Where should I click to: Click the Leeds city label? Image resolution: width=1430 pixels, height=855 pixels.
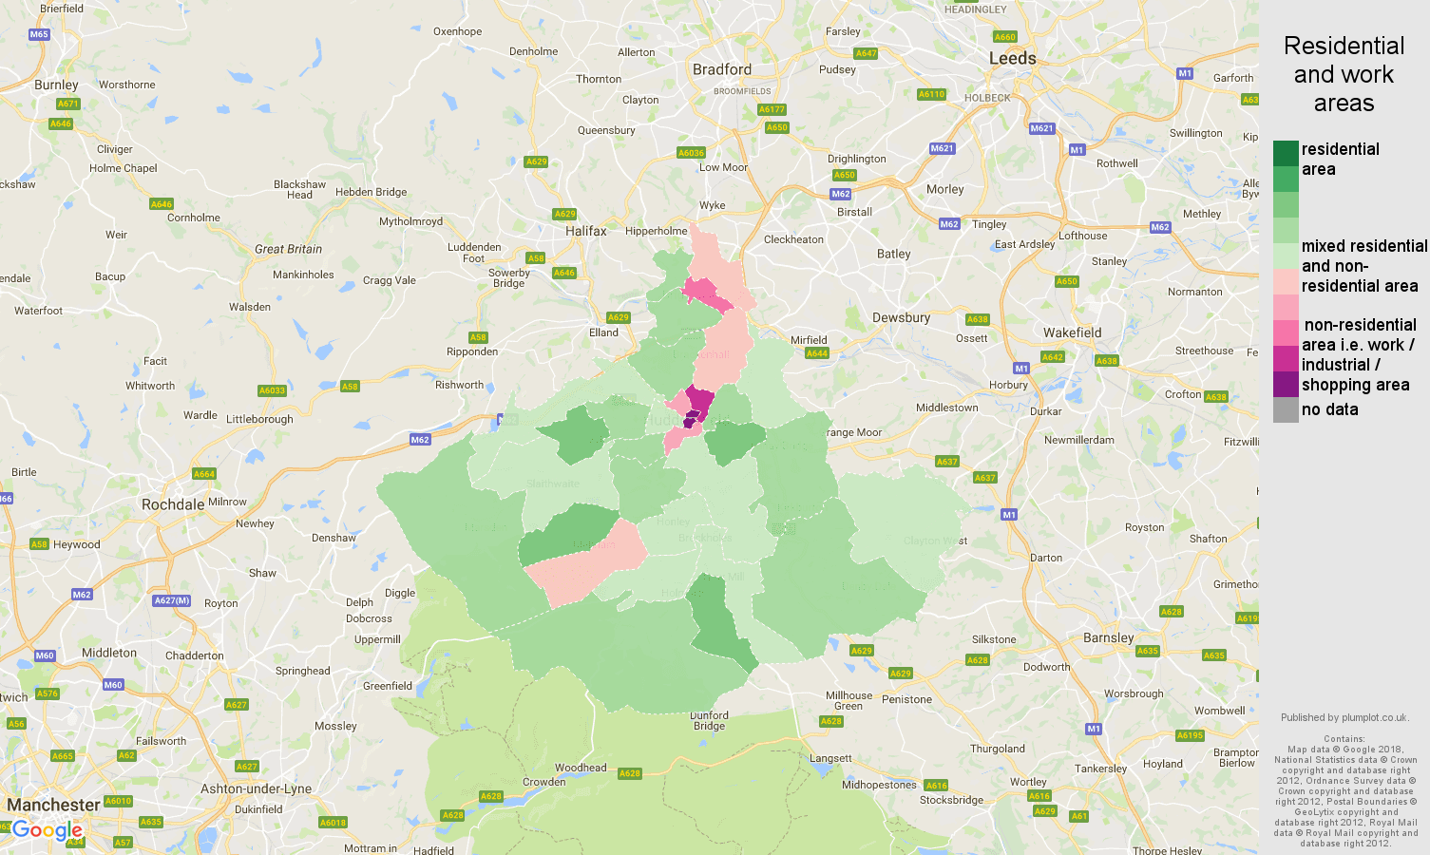pos(1012,58)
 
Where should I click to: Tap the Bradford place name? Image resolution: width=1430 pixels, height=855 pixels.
pos(722,69)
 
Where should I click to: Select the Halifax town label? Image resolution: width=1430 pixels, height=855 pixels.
pos(585,231)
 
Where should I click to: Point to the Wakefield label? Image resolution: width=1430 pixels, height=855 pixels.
pos(1072,332)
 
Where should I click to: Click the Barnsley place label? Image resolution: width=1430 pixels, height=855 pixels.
pos(1108,637)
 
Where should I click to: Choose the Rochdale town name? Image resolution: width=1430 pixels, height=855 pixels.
pos(173,504)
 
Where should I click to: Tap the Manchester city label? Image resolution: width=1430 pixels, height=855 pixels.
pos(53,805)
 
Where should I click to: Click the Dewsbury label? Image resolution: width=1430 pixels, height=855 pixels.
pos(901,317)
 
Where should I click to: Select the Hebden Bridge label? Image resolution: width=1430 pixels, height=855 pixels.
pos(371,192)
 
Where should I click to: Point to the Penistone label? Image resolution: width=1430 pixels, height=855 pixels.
pos(906,699)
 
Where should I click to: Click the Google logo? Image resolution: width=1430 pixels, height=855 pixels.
pos(47,831)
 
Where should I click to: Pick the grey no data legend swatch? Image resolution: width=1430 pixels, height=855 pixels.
pos(1286,410)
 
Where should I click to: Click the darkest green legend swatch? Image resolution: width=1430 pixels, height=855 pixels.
pos(1286,153)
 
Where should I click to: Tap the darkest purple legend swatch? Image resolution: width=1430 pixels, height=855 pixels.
pos(1286,385)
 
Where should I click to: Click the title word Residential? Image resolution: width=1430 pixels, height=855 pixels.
pos(1344,46)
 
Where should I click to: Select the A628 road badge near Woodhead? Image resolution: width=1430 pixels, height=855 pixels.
pos(630,773)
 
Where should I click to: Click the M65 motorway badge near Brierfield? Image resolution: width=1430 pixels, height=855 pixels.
pos(39,34)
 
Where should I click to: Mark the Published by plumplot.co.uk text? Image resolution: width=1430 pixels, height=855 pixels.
pos(1344,717)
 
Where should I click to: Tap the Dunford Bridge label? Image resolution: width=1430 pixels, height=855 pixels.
pos(709,720)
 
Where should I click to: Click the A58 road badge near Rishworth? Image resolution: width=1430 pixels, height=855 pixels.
pos(350,387)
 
